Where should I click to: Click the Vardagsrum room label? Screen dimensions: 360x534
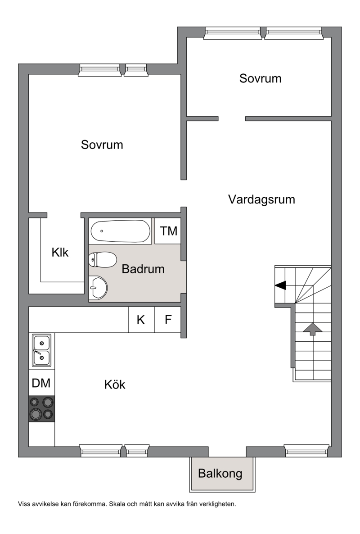tap(261, 199)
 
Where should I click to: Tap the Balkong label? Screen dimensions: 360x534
tap(220, 473)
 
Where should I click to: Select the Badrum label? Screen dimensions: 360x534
tap(143, 269)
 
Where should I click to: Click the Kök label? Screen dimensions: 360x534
tap(115, 385)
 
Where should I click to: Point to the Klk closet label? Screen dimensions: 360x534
tap(60, 252)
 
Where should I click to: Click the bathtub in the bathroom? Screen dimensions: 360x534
tap(121, 231)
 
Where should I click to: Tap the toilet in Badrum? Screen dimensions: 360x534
tap(103, 260)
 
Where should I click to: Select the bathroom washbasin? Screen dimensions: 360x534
tap(98, 288)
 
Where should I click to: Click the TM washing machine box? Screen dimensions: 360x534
tap(168, 231)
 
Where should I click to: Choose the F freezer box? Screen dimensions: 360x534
tap(168, 320)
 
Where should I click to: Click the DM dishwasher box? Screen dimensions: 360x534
tap(41, 383)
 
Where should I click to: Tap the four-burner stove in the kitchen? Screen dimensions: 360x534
tap(41, 409)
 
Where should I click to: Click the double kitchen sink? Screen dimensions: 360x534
tap(41, 350)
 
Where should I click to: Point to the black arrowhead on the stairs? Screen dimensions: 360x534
tap(280, 285)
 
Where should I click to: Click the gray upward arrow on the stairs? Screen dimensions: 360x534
tap(312, 329)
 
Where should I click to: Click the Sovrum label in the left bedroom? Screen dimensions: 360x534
tap(102, 145)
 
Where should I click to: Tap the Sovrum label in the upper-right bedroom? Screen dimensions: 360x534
tap(260, 78)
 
